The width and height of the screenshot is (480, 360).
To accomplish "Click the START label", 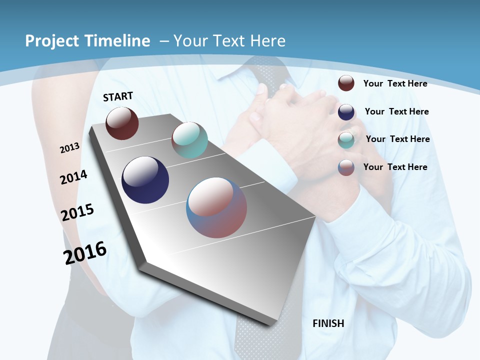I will pyautogui.click(x=118, y=96).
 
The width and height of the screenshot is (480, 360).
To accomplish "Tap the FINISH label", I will pyautogui.click(x=328, y=323).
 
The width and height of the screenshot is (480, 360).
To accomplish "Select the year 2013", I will pyautogui.click(x=70, y=148).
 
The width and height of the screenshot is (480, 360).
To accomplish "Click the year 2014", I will pyautogui.click(x=74, y=177).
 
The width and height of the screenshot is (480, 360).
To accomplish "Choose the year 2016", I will pyautogui.click(x=85, y=253).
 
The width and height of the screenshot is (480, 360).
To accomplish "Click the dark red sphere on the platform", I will pyautogui.click(x=122, y=123).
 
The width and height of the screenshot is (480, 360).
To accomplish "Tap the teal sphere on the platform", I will pyautogui.click(x=189, y=140).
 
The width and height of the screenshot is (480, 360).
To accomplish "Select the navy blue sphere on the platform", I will pyautogui.click(x=145, y=180).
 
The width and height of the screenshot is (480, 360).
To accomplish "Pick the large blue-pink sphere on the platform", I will pyautogui.click(x=216, y=207).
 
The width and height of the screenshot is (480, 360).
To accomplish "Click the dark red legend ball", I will pyautogui.click(x=346, y=83).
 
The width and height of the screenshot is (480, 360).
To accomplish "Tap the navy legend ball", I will pyautogui.click(x=346, y=112).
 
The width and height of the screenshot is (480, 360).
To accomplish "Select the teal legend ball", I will pyautogui.click(x=346, y=140).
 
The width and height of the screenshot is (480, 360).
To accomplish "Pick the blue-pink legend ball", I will pyautogui.click(x=346, y=167).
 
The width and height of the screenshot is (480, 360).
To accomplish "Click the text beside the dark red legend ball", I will pyautogui.click(x=395, y=83).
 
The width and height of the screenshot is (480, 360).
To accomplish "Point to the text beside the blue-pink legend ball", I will pyautogui.click(x=395, y=167).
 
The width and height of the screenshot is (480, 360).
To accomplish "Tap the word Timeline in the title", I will pyautogui.click(x=118, y=41).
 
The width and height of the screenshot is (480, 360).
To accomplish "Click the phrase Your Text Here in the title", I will pyautogui.click(x=229, y=41).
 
